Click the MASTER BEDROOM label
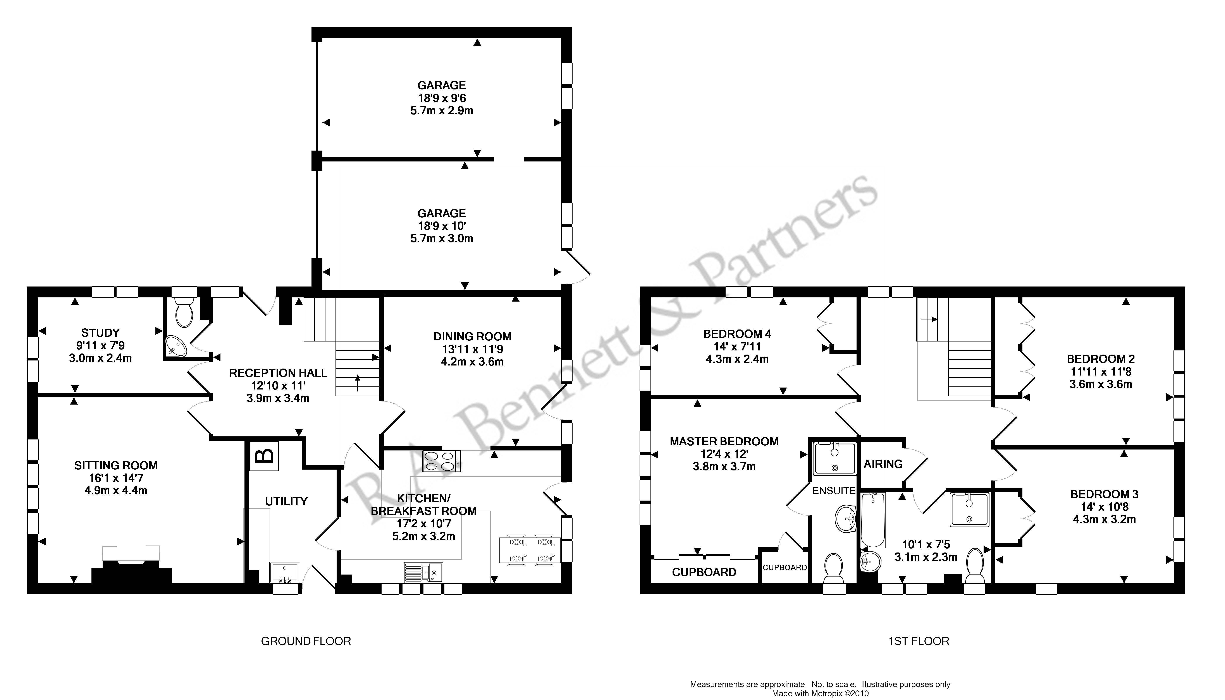coord(724,441)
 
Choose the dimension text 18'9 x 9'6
coord(442,98)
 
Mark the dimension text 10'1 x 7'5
coord(926,545)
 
